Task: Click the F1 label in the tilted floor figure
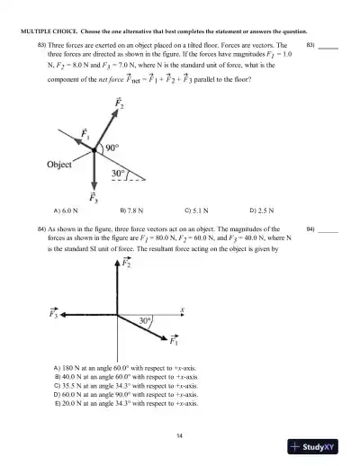coord(87,134)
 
